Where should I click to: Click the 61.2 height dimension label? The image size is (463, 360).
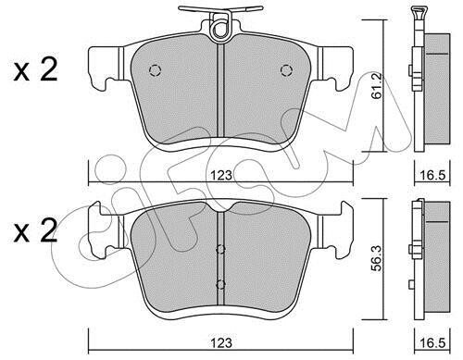coord(377,86)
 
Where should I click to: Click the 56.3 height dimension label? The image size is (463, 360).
coord(377,258)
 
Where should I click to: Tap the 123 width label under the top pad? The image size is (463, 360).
coord(221,175)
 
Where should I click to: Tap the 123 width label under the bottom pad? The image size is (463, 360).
coord(221,342)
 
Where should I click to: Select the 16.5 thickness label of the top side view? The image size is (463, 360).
coord(432,175)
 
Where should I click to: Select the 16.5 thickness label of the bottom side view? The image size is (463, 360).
coord(432,342)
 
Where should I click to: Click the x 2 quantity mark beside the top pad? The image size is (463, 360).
coord(35,70)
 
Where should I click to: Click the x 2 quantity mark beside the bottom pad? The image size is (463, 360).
coord(35,230)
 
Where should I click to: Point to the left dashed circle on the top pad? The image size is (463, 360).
coord(155,70)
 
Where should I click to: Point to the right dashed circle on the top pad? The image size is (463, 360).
coord(286,70)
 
